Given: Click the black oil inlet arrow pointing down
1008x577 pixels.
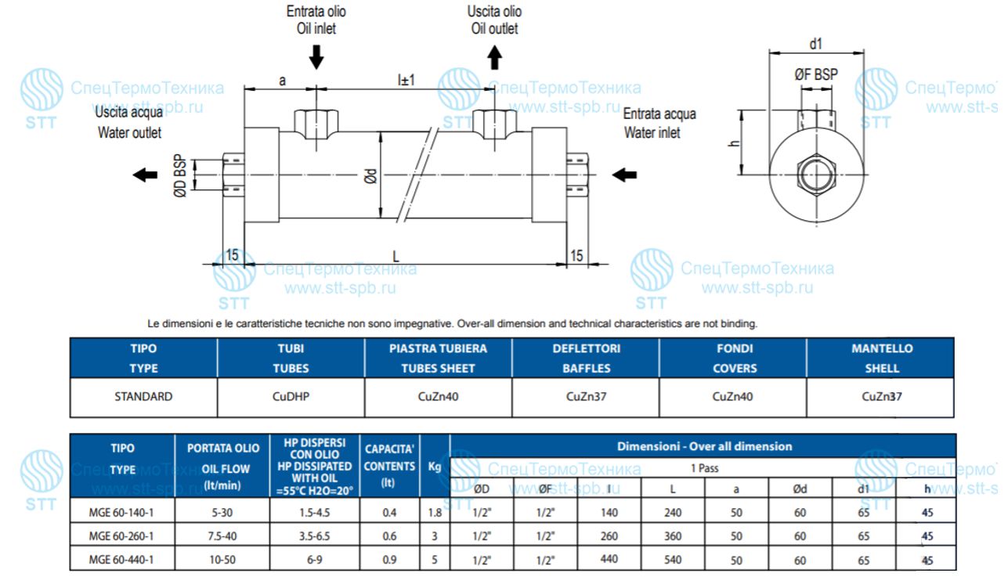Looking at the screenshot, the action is [316, 57].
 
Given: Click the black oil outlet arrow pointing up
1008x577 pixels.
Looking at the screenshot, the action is [495, 57].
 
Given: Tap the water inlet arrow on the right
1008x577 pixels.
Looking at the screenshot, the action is [624, 175].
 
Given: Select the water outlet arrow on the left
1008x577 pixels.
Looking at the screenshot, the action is [146, 175].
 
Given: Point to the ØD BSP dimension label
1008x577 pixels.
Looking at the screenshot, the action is [180, 176].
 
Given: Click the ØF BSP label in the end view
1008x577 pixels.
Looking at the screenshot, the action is [816, 74].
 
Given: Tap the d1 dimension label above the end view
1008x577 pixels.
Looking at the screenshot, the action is [816, 44].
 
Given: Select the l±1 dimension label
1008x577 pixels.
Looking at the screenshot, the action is [406, 80].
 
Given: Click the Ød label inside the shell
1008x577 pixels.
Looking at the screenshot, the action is [370, 176].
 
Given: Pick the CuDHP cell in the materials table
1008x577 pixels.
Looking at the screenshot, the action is [291, 396].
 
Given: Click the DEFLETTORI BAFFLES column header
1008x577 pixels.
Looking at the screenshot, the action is [587, 358].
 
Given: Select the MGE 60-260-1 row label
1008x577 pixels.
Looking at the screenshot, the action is [121, 536].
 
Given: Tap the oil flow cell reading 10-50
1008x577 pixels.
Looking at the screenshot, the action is [222, 560].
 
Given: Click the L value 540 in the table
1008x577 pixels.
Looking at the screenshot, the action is [673, 560].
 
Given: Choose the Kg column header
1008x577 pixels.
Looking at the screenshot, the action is [434, 467].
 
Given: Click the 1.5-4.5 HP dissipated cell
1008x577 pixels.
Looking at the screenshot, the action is [315, 512].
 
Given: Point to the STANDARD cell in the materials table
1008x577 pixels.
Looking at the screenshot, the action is [143, 396].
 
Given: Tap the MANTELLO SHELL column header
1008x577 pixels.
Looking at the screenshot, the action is [882, 358].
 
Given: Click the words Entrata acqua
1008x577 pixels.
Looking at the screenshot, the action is [659, 114].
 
